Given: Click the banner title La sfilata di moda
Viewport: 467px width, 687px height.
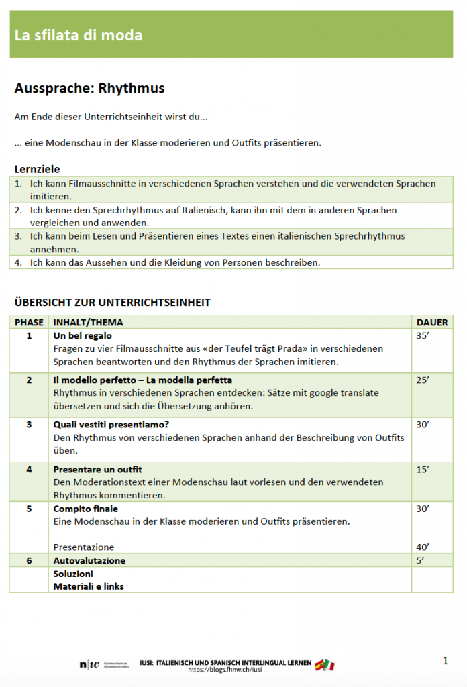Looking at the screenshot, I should [x=79, y=35].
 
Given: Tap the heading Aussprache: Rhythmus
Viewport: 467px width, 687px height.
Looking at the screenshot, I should [x=89, y=88].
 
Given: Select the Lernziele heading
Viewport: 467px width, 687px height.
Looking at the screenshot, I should [x=38, y=169].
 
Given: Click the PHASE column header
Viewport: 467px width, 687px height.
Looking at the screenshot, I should [x=29, y=323].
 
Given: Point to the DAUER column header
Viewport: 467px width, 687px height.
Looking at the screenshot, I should [x=432, y=323].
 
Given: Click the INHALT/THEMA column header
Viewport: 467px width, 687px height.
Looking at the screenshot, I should [x=88, y=323].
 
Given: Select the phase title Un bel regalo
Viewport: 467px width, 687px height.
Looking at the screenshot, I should [x=83, y=335].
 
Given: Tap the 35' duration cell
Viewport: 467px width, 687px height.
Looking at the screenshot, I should [x=423, y=335].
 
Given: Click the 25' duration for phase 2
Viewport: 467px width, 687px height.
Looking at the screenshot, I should [x=423, y=380].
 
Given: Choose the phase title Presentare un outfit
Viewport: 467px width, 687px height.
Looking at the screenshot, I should [x=97, y=470].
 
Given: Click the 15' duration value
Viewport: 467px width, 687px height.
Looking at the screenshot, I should [x=423, y=470].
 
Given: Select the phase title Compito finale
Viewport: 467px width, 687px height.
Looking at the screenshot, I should [x=85, y=509].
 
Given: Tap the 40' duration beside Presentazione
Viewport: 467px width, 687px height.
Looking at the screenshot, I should [x=423, y=547].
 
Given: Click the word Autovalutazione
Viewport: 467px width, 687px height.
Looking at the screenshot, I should [x=89, y=560].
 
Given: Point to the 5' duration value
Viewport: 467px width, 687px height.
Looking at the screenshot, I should [x=421, y=560].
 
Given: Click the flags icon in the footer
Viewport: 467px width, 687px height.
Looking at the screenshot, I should [x=325, y=665].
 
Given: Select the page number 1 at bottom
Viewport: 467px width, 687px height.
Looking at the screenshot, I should [x=446, y=661].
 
